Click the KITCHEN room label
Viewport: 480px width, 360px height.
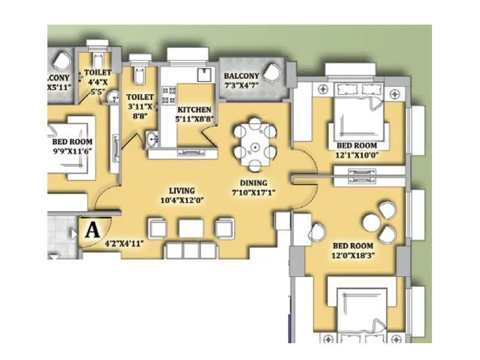point(194,110)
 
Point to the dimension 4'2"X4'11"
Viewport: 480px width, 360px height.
point(124,244)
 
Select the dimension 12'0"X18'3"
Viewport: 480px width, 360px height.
point(353,255)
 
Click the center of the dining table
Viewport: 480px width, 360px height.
point(255,146)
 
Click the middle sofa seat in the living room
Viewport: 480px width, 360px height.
point(191,228)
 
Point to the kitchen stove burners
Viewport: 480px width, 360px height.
point(170,97)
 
